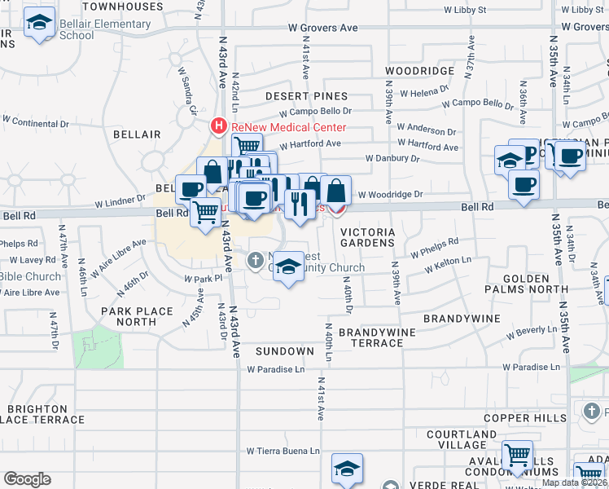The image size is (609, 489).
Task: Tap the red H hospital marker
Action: point(218,126)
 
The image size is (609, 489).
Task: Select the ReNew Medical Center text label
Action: point(288,127)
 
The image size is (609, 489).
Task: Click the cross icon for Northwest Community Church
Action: point(255,261)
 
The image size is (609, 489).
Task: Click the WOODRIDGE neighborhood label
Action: point(419,72)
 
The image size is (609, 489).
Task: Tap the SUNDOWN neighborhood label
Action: point(284,351)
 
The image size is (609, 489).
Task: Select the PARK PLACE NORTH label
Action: point(137,316)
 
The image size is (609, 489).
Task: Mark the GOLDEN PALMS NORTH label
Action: point(526,284)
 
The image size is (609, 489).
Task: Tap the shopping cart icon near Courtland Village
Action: point(517,456)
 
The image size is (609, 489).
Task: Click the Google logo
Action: point(27,479)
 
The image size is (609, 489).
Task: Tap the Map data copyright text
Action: point(574,482)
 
